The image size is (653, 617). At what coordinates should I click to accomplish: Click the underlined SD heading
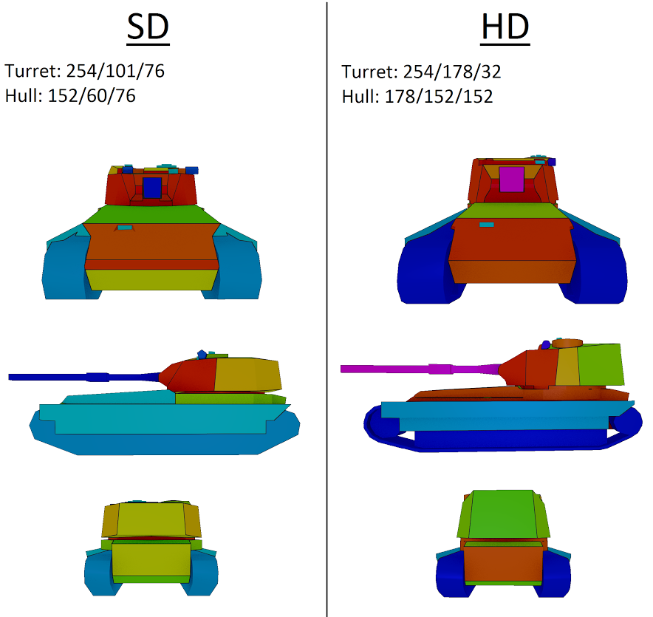[x=148, y=27]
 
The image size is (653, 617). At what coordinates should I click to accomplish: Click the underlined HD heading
[x=505, y=27]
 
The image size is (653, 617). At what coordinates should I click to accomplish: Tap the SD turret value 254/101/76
[x=115, y=71]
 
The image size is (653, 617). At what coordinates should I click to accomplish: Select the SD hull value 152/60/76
[x=92, y=96]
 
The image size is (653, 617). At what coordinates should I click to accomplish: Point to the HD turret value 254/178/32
[x=452, y=72]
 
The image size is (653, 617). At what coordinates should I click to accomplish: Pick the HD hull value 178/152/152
[x=439, y=97]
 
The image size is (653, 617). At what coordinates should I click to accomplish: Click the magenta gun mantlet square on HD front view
[x=511, y=179]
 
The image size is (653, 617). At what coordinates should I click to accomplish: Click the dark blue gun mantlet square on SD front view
[x=152, y=188]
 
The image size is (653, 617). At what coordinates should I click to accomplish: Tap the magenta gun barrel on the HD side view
[x=420, y=369]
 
